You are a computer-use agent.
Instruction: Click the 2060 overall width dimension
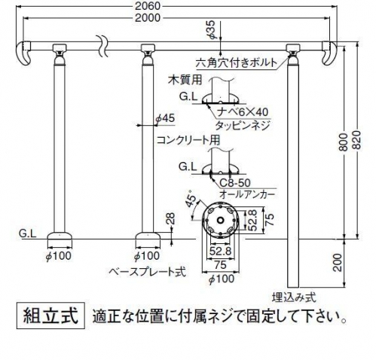[148, 6]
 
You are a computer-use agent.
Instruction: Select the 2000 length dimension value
[148, 18]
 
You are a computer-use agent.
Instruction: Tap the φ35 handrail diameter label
[212, 30]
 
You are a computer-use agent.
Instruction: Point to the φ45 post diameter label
[165, 118]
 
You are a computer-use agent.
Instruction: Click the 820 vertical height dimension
[356, 141]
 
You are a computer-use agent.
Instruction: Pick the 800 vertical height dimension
[343, 142]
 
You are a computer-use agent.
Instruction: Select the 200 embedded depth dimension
[338, 263]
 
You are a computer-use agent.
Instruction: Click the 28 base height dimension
[170, 218]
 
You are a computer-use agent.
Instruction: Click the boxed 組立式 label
[50, 316]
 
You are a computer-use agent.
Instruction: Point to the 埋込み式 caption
[294, 298]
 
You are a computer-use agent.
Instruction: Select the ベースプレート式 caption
[148, 272]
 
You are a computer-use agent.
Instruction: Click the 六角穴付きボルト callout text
[237, 63]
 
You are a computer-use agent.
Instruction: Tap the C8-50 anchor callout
[235, 183]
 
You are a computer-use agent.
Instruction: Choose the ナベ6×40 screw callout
[243, 112]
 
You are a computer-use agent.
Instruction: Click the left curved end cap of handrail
[23, 53]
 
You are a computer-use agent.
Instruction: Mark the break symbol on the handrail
[102, 46]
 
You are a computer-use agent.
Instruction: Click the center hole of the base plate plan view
[220, 221]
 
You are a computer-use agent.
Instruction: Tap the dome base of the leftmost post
[60, 236]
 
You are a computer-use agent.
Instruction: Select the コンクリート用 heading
[188, 140]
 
